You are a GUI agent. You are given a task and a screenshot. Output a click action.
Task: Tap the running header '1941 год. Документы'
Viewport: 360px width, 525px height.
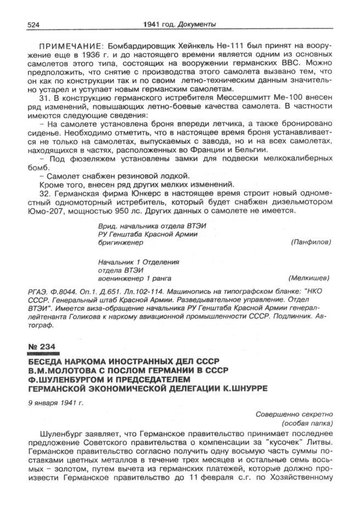click(x=179, y=24)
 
